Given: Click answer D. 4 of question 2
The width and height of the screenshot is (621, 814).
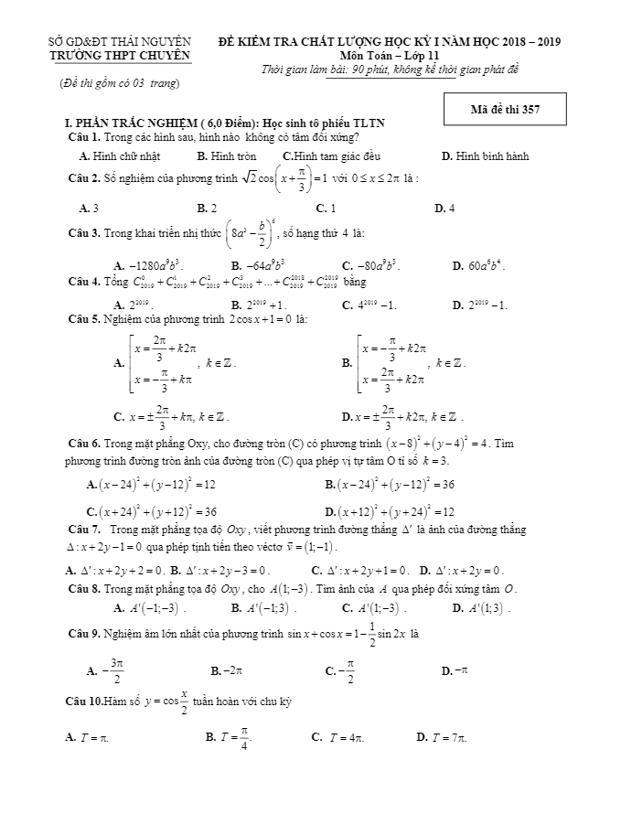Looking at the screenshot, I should tap(444, 208).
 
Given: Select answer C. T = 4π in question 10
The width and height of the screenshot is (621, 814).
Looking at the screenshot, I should tap(337, 736).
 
